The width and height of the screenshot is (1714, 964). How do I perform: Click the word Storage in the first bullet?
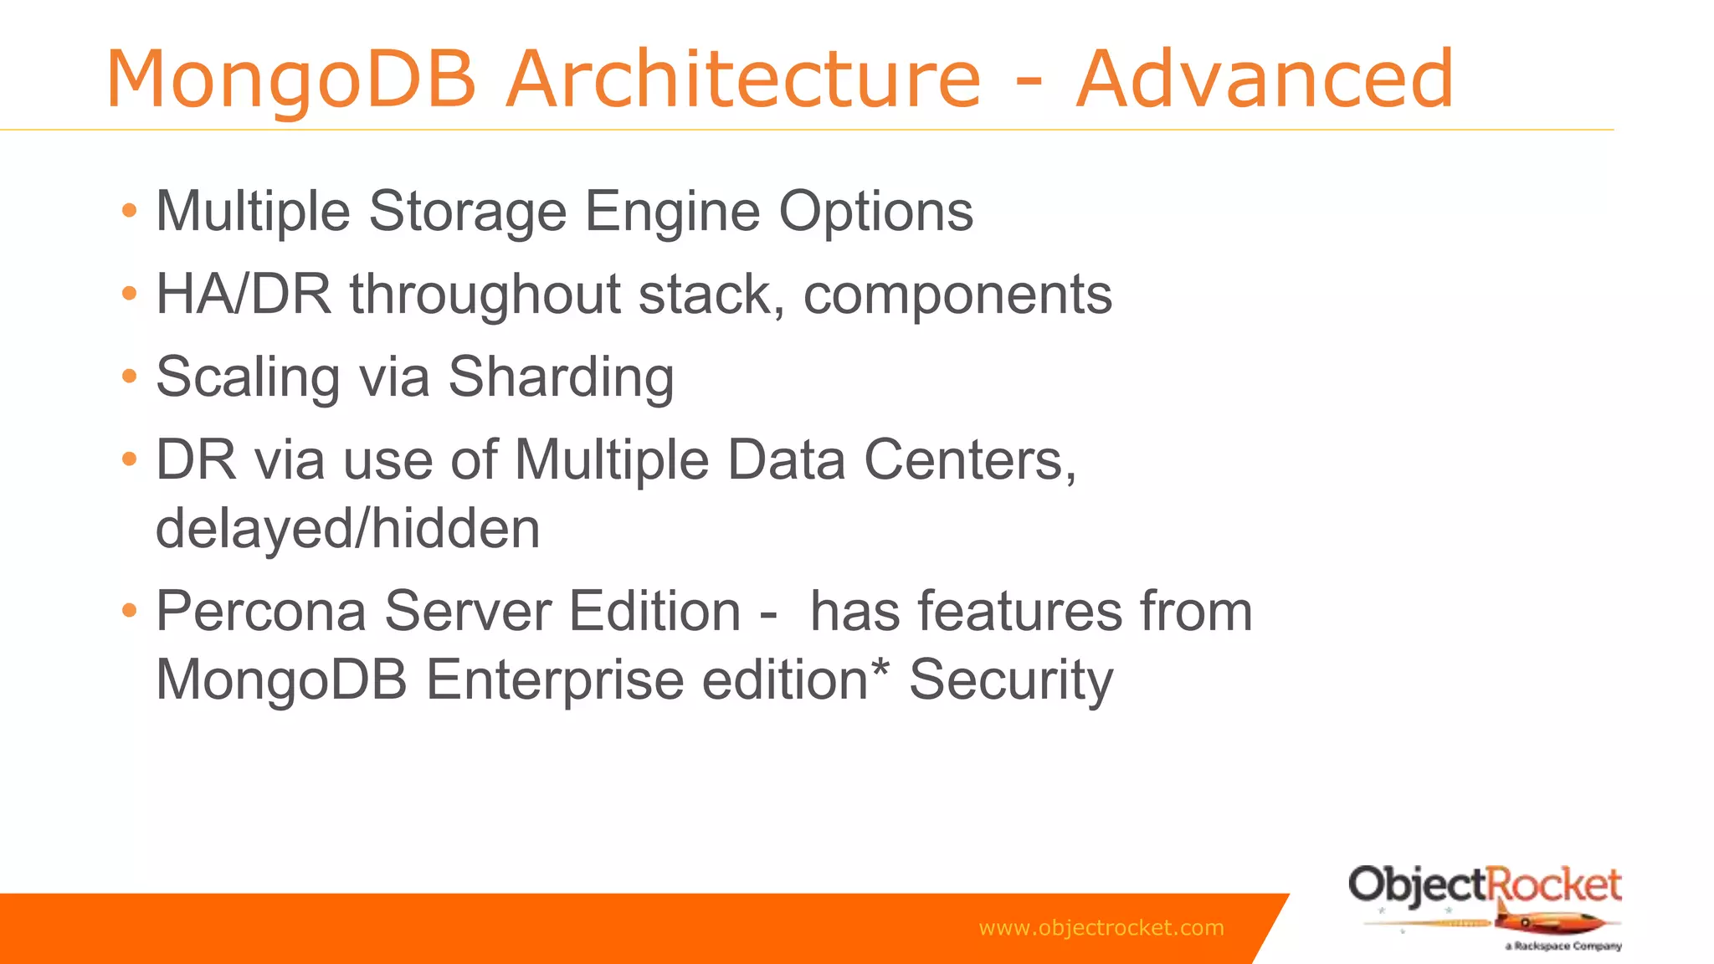click(467, 211)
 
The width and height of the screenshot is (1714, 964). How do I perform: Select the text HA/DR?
click(244, 295)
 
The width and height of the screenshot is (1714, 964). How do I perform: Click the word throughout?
click(485, 295)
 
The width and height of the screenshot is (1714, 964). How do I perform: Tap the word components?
click(957, 295)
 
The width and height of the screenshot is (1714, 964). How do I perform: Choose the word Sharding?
click(561, 377)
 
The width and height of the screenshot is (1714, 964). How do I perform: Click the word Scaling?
click(248, 377)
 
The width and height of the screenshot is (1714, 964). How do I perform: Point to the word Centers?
click(969, 460)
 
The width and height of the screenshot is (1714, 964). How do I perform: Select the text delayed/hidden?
click(348, 529)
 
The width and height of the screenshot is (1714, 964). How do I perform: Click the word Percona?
click(261, 611)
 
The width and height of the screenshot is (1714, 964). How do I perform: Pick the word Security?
click(1011, 679)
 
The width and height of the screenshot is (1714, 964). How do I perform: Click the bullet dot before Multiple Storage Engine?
click(129, 211)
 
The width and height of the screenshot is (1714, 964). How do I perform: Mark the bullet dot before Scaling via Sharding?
click(129, 377)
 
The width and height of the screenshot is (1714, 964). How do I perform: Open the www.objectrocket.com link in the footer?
click(1101, 928)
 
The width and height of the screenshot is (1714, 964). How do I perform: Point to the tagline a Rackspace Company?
click(1563, 946)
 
